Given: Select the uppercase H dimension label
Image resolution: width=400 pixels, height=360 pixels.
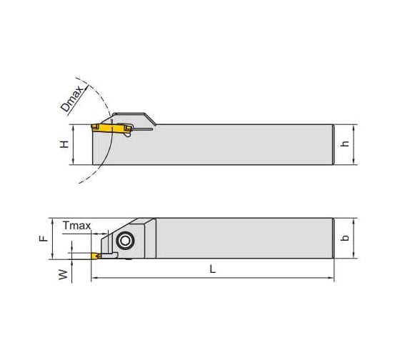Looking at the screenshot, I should [64, 144].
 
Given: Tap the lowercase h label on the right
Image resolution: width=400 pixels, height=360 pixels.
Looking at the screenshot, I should [346, 144].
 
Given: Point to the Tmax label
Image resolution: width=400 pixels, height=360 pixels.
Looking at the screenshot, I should [76, 226].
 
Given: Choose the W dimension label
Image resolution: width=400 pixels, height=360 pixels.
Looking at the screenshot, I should [64, 274].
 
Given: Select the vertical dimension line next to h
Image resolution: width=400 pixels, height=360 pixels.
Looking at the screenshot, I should [355, 145].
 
